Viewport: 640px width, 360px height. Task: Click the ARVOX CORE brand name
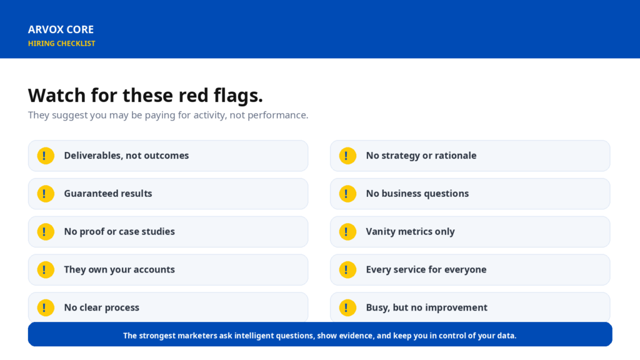point(61,29)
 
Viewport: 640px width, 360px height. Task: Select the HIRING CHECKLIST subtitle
point(62,43)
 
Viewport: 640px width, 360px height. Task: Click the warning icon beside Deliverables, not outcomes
point(46,156)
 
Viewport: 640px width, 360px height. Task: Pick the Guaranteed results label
point(107,194)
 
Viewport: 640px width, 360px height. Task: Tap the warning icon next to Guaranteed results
point(46,194)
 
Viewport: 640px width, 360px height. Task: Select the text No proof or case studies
point(119,231)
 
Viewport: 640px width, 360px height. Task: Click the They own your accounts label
point(119,269)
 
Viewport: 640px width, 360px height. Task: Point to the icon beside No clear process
point(46,307)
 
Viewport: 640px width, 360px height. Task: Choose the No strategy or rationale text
point(421,156)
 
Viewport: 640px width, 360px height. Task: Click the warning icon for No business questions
point(347,194)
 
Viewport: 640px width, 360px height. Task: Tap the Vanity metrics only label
point(410,231)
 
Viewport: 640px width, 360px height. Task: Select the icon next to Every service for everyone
point(347,270)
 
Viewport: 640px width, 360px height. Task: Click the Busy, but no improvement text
point(426,307)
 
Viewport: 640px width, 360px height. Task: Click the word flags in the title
point(241,96)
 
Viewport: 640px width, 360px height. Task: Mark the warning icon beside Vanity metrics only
point(347,232)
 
